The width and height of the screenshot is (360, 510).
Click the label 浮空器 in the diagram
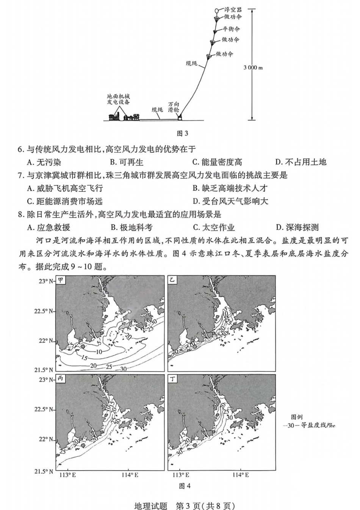tap(233, 9)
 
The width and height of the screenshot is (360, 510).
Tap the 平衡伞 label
tap(231, 29)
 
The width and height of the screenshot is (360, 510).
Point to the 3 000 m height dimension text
tap(253, 67)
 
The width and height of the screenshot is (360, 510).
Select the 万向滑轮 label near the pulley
tap(174, 107)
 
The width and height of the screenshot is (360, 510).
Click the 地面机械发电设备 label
tap(118, 99)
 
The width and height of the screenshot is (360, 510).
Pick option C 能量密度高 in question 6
tap(217, 162)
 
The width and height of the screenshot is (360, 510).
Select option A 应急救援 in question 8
tap(49, 228)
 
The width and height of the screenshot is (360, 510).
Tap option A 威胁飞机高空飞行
tap(65, 188)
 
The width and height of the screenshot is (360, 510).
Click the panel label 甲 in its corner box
tap(60, 281)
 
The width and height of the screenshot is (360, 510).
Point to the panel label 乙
tap(172, 281)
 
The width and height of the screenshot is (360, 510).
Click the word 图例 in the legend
tap(297, 417)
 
